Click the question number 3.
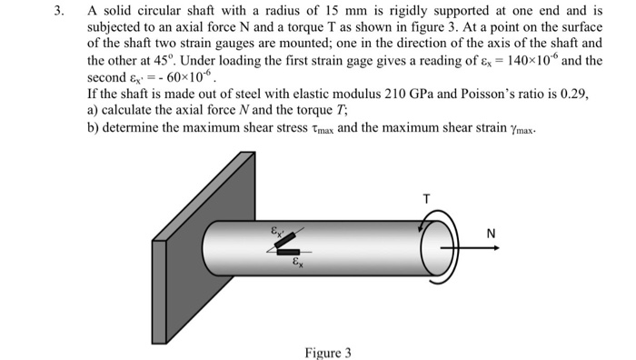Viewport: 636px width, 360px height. [59, 11]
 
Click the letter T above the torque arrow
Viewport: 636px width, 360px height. [426, 199]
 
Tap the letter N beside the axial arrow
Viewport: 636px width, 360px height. [491, 234]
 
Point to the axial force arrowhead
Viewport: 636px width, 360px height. [496, 248]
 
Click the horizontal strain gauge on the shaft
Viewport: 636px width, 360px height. [288, 253]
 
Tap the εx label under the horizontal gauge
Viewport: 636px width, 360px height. [298, 262]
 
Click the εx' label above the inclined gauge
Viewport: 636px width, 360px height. [277, 232]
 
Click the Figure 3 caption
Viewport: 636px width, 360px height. [328, 353]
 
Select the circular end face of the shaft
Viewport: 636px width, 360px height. [434, 248]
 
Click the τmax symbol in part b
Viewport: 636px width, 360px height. [323, 129]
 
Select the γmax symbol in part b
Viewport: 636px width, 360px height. [522, 129]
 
